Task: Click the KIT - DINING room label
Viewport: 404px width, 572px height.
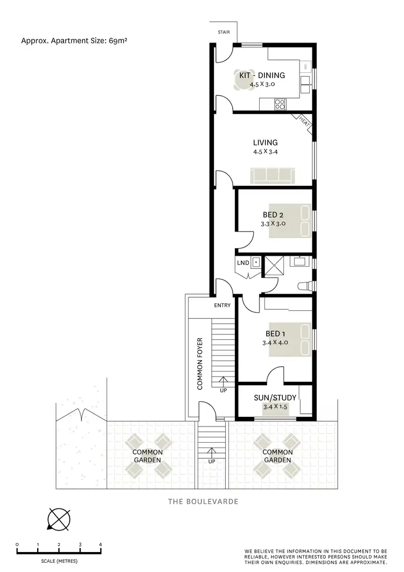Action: pyautogui.click(x=262, y=75)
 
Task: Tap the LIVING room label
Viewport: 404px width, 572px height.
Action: pyautogui.click(x=265, y=143)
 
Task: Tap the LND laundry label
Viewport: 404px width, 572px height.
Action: pyautogui.click(x=242, y=263)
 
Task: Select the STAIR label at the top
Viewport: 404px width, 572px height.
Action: pyautogui.click(x=224, y=32)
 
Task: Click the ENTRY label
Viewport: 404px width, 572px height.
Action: pyautogui.click(x=222, y=305)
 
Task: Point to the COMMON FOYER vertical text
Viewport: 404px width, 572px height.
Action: pyautogui.click(x=199, y=364)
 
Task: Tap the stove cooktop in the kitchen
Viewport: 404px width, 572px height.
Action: pyautogui.click(x=280, y=103)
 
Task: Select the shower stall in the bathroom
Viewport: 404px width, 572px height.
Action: pyautogui.click(x=275, y=266)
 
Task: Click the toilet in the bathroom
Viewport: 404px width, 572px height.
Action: pyautogui.click(x=305, y=285)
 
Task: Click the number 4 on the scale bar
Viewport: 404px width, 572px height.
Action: pyautogui.click(x=100, y=545)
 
